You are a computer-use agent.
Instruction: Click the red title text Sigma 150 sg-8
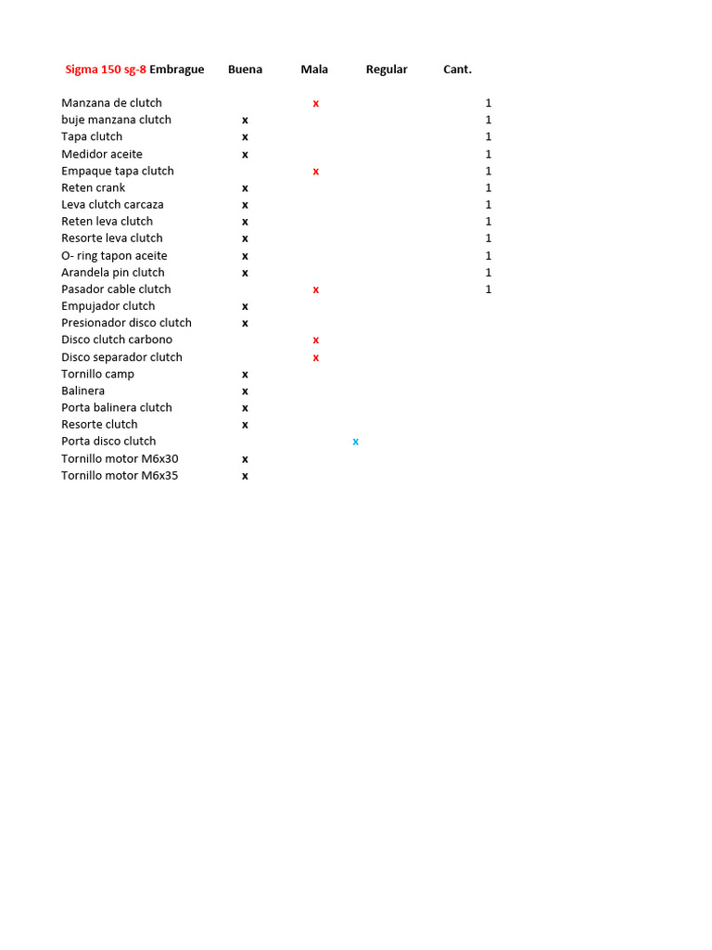[x=106, y=70]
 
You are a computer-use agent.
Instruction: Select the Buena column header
[x=245, y=70]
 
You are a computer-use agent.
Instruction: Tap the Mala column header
[x=314, y=70]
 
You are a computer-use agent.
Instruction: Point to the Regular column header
[x=387, y=70]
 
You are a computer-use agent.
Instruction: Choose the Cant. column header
[x=457, y=70]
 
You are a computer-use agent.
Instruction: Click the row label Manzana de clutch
[x=111, y=103]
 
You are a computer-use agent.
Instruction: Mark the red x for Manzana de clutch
[x=316, y=104]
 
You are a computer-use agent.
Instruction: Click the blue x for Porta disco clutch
[x=356, y=442]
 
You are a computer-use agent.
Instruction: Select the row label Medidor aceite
[x=102, y=154]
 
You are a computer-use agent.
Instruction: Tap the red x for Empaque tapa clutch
[x=316, y=172]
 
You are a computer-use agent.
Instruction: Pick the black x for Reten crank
[x=246, y=188]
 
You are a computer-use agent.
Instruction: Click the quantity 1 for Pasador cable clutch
[x=489, y=289]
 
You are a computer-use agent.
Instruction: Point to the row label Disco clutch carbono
[x=117, y=340]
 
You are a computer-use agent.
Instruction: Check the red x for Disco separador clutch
[x=316, y=358]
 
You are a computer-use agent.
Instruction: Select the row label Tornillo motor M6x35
[x=120, y=476]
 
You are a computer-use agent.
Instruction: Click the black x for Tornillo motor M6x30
[x=246, y=459]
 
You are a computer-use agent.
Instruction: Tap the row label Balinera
[x=83, y=391]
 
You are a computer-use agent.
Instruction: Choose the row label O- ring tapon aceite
[x=114, y=256]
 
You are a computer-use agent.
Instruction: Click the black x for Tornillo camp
[x=246, y=375]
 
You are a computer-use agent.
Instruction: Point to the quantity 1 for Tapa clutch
[x=489, y=137]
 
